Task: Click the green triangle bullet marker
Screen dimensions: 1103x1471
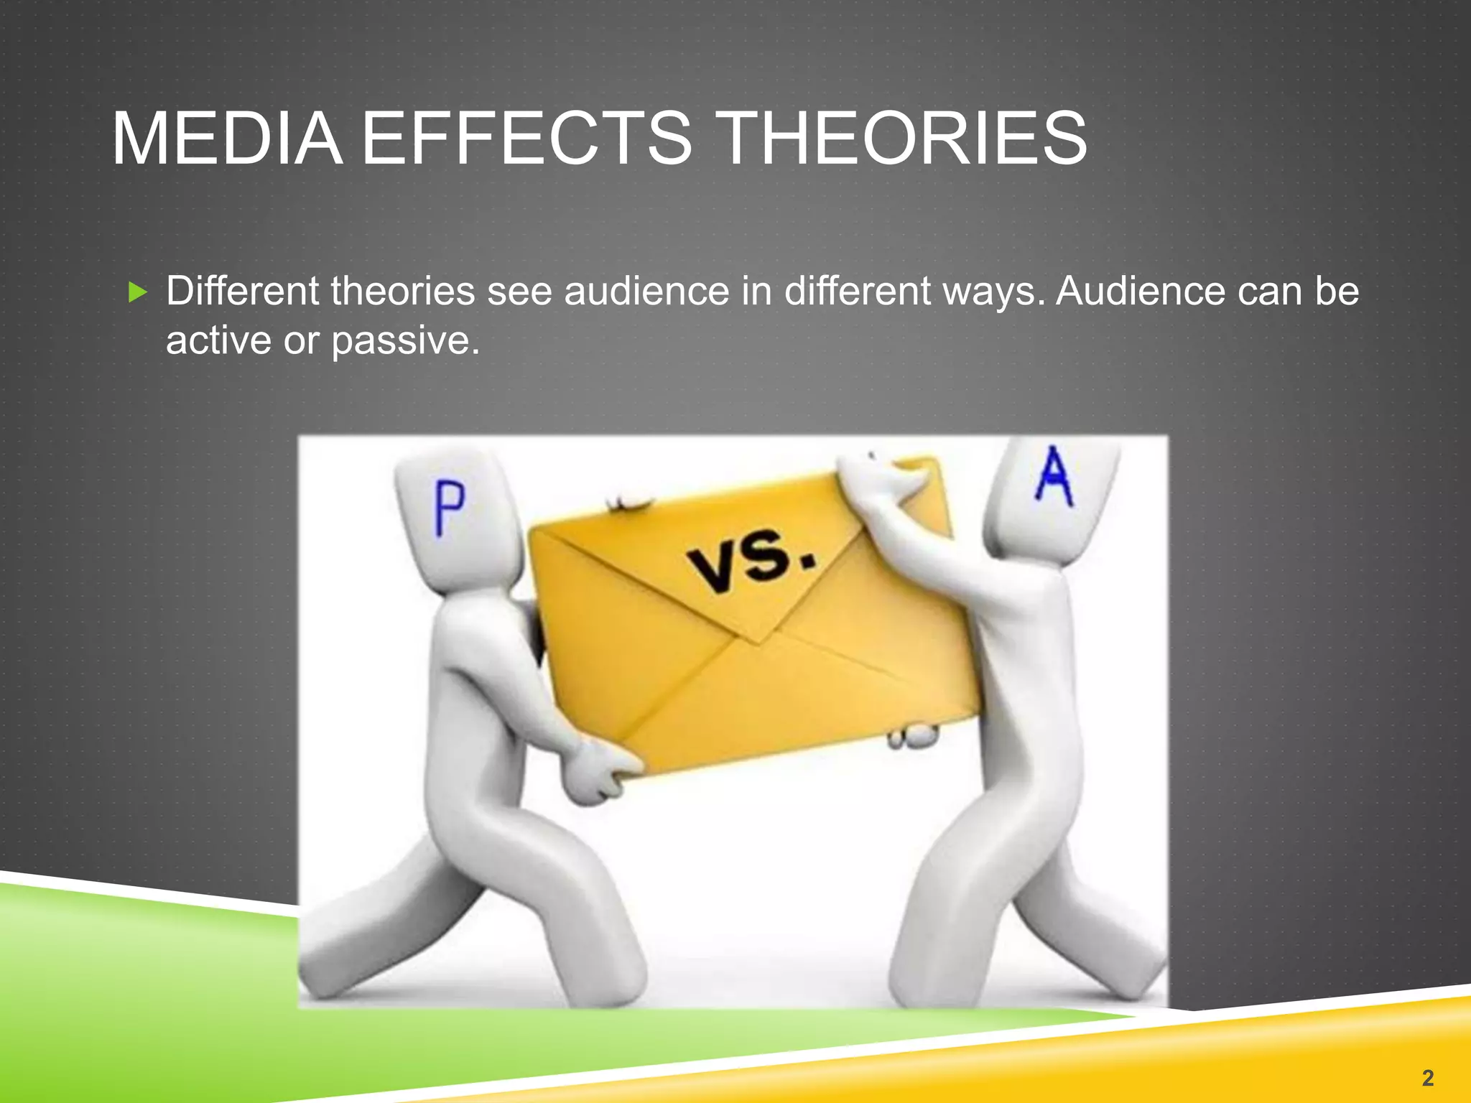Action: click(x=137, y=292)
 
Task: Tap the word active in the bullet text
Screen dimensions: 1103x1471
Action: click(x=218, y=340)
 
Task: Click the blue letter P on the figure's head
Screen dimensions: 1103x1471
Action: click(x=450, y=508)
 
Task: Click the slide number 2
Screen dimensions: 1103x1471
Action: click(x=1427, y=1077)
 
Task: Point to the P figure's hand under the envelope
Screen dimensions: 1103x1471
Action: click(x=600, y=773)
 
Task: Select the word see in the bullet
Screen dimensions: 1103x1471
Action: click(x=519, y=292)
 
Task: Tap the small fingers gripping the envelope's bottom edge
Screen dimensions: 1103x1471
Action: click(x=912, y=736)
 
